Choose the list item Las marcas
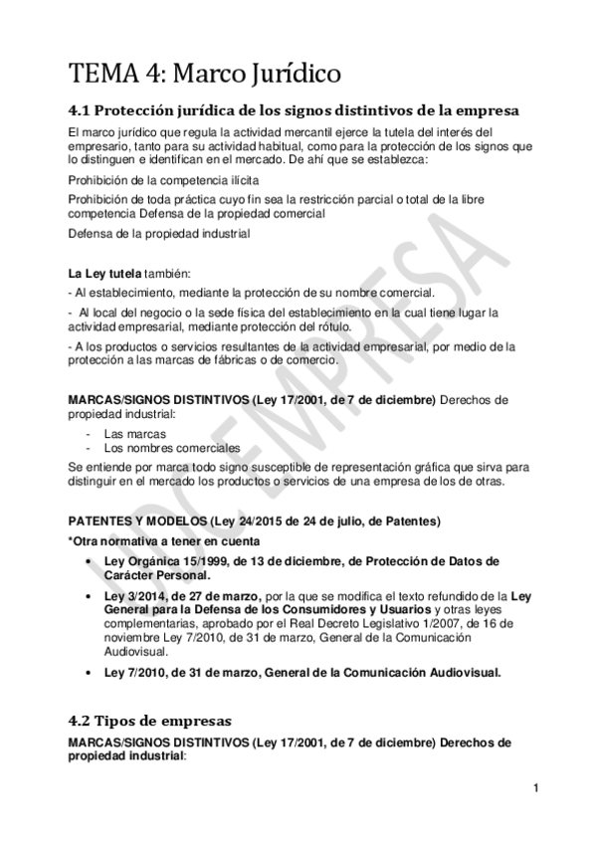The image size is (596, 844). (134, 434)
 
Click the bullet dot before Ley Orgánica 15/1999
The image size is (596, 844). (92, 561)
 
